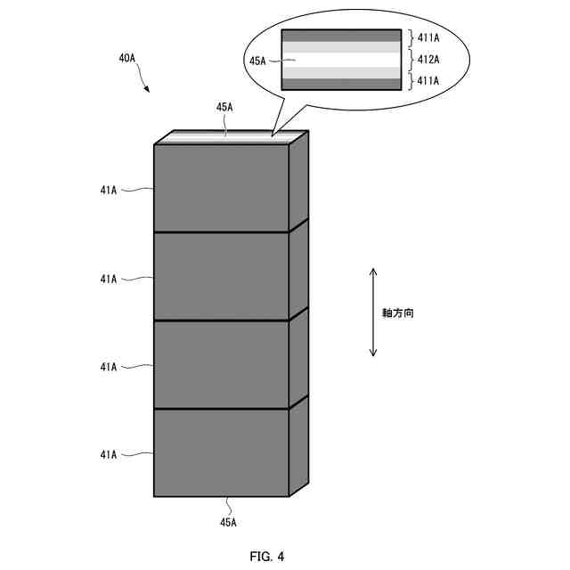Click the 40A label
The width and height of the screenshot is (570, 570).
coord(126,59)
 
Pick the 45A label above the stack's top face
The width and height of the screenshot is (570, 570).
coord(224,107)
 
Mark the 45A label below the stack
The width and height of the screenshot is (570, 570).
coord(227,521)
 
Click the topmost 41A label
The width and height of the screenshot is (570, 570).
coord(109,190)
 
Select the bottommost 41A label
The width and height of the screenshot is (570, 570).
coord(109,455)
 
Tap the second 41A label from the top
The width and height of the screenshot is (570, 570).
coord(109,279)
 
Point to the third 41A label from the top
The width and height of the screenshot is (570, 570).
coord(109,367)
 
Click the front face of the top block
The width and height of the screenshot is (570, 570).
coord(222,188)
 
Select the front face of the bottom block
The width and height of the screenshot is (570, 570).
coord(222,452)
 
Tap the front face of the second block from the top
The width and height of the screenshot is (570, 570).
coord(222,276)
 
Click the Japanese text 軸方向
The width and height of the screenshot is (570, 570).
coord(393,313)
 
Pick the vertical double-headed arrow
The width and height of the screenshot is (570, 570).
coord(373,312)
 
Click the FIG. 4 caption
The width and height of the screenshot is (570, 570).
coord(266,557)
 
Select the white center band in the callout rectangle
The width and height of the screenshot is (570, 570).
coord(340,60)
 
